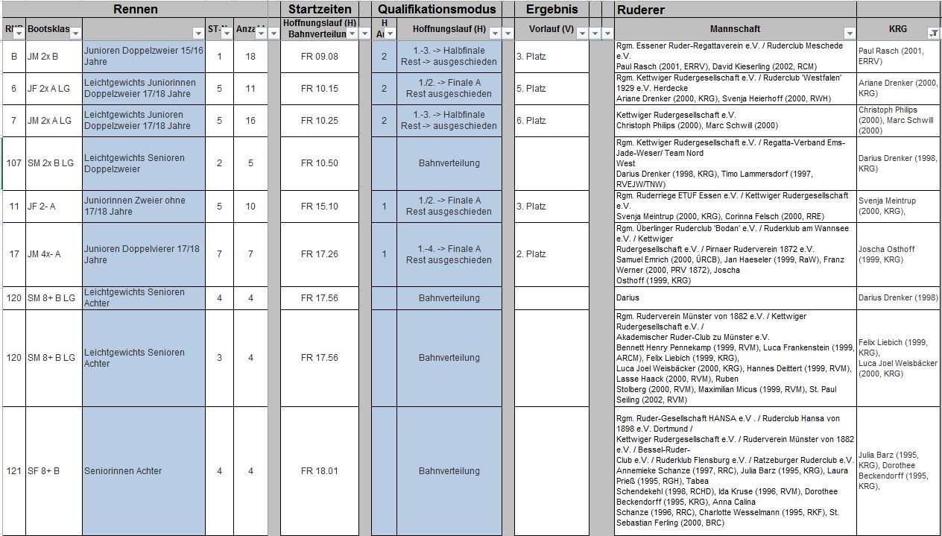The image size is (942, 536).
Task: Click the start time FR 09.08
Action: (319, 57)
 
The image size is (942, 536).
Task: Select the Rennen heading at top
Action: (135, 10)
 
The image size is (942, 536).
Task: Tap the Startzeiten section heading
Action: (320, 10)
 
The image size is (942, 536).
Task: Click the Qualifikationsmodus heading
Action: (436, 10)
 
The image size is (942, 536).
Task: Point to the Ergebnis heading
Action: (551, 10)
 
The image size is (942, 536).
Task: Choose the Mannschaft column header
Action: (735, 29)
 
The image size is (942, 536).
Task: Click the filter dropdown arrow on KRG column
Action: (933, 33)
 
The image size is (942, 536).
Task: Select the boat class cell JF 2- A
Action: (42, 206)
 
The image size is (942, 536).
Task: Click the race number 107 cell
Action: (13, 163)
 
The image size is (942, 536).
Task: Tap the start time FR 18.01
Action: (319, 471)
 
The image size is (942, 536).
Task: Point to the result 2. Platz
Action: (531, 254)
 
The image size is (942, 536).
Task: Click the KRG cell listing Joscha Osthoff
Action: (897, 254)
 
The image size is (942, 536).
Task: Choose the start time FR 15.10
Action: (319, 206)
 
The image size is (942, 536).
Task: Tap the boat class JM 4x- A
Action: (44, 254)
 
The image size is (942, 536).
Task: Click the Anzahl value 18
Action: (250, 57)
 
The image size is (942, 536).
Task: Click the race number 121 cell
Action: (13, 471)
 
